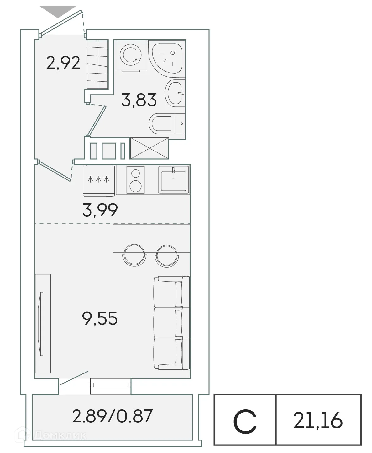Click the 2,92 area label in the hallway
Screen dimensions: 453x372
(63, 63)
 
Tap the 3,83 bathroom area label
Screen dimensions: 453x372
(139, 100)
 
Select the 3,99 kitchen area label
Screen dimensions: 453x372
(100, 210)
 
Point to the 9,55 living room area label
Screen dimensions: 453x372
(100, 319)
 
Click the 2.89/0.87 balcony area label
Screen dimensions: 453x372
(112, 416)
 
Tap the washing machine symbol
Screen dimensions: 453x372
(131, 55)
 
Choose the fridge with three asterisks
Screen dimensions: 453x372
(99, 180)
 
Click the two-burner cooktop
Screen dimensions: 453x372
(136, 180)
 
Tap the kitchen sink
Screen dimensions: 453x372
(174, 179)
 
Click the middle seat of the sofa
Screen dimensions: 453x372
(171, 322)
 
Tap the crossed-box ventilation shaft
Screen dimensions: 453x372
(149, 148)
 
